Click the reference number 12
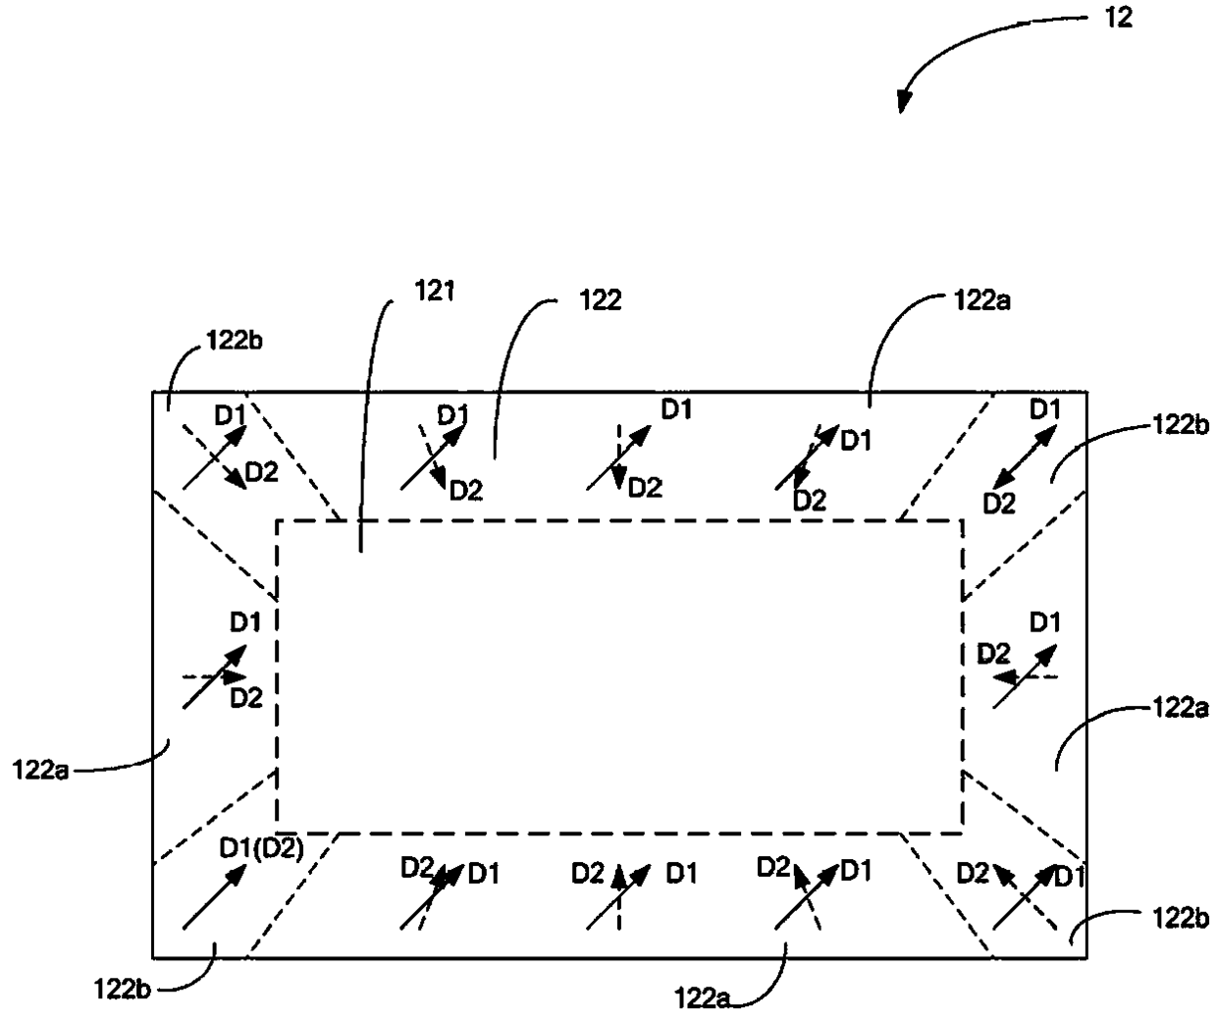click(1119, 18)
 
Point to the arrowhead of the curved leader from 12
click(902, 103)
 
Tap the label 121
click(434, 291)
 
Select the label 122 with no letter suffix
click(601, 300)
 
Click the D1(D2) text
click(262, 848)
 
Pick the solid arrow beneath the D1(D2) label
click(215, 895)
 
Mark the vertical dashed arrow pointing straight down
click(618, 457)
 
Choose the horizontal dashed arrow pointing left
click(1026, 676)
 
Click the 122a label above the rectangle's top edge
click(982, 301)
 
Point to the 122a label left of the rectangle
click(40, 770)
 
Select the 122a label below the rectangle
click(703, 999)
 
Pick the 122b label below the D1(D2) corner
click(123, 990)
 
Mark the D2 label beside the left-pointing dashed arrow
click(993, 654)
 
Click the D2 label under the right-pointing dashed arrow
click(246, 698)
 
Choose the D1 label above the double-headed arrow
click(1044, 409)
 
